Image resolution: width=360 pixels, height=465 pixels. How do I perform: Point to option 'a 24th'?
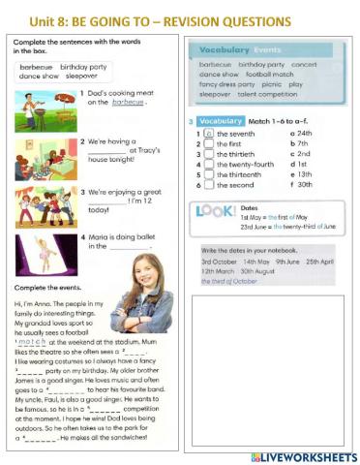click(301, 133)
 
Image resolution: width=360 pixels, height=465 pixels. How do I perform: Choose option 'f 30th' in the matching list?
click(301, 185)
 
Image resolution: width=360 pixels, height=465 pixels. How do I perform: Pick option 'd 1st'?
click(299, 165)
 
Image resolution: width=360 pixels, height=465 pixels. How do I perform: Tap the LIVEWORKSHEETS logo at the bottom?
click(303, 455)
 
